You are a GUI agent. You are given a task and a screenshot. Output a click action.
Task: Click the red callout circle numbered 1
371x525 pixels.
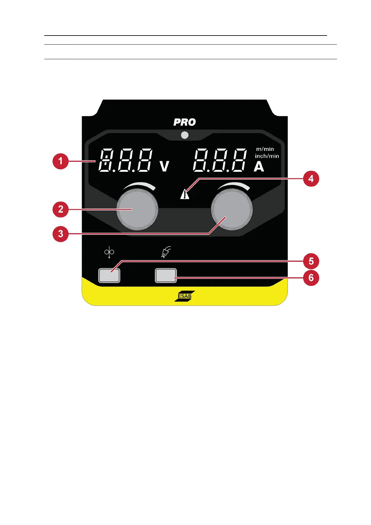[60, 161]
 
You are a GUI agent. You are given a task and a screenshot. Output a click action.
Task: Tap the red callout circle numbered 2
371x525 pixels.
[60, 209]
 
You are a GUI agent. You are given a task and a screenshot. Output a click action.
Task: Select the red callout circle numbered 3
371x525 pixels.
[60, 234]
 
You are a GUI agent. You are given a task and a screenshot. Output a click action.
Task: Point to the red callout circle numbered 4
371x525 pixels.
[311, 179]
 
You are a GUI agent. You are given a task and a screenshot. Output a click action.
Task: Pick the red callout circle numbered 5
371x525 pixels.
[311, 261]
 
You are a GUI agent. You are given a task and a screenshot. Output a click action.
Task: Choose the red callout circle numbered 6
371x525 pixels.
[311, 277]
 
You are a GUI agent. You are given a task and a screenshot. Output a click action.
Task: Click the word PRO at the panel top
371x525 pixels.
[185, 122]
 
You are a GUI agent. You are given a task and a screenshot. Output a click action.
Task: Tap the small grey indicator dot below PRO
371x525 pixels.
[185, 135]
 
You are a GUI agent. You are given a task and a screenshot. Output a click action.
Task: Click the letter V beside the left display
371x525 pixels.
[164, 166]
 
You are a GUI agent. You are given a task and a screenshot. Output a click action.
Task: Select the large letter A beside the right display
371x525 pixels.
[259, 167]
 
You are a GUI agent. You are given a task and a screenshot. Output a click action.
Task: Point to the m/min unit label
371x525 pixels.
[265, 149]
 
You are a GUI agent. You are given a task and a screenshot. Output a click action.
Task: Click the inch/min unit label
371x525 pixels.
[267, 156]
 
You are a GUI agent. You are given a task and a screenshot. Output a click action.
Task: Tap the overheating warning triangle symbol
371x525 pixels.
[185, 194]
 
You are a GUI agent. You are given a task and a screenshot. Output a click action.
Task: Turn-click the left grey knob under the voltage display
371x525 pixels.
[137, 209]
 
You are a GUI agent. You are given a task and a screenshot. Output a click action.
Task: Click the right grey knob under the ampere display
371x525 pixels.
[232, 209]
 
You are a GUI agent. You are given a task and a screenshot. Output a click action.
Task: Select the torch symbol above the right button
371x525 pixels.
[166, 252]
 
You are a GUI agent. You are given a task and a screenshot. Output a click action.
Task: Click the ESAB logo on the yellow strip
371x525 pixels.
[185, 296]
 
